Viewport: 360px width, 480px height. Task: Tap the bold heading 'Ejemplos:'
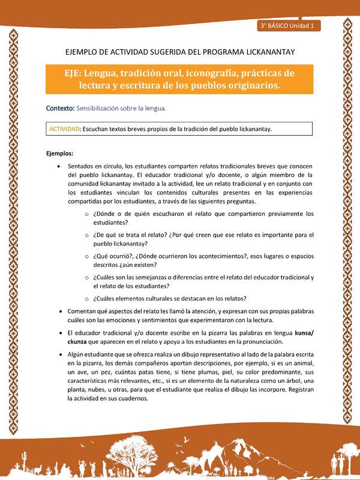(x=60, y=154)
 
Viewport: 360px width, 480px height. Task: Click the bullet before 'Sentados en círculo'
(x=58, y=166)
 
